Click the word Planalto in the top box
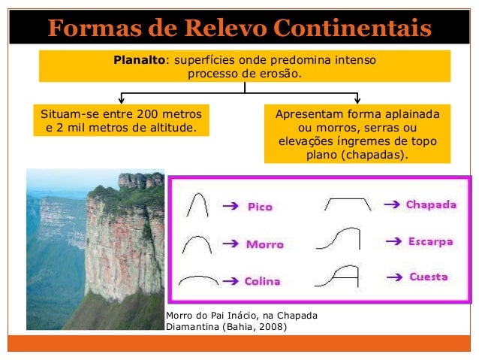point(139,59)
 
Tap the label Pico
point(261,207)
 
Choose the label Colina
point(263,281)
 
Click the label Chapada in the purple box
point(431,204)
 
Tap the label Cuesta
point(429,277)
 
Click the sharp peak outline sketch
point(197,204)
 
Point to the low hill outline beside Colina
point(198,280)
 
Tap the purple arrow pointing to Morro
point(233,244)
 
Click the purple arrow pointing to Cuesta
point(396,277)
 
